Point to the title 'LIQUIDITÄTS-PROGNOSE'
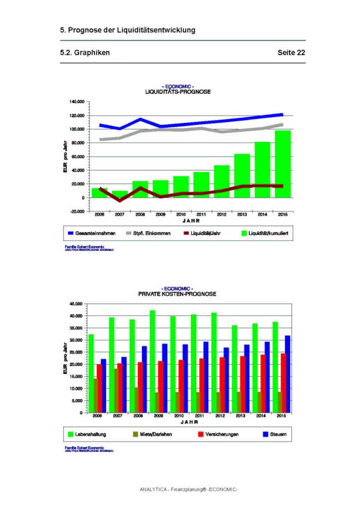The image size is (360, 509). pos(178,92)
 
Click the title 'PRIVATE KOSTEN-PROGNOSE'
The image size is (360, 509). pos(177,294)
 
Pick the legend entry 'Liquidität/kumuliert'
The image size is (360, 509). pos(268,232)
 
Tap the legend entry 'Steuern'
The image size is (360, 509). pos(277,434)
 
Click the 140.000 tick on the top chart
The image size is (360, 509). pos(77,102)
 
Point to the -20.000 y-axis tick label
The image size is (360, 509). pos(77,211)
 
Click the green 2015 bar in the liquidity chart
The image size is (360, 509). pos(283,164)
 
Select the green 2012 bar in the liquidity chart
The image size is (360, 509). pos(222,181)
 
